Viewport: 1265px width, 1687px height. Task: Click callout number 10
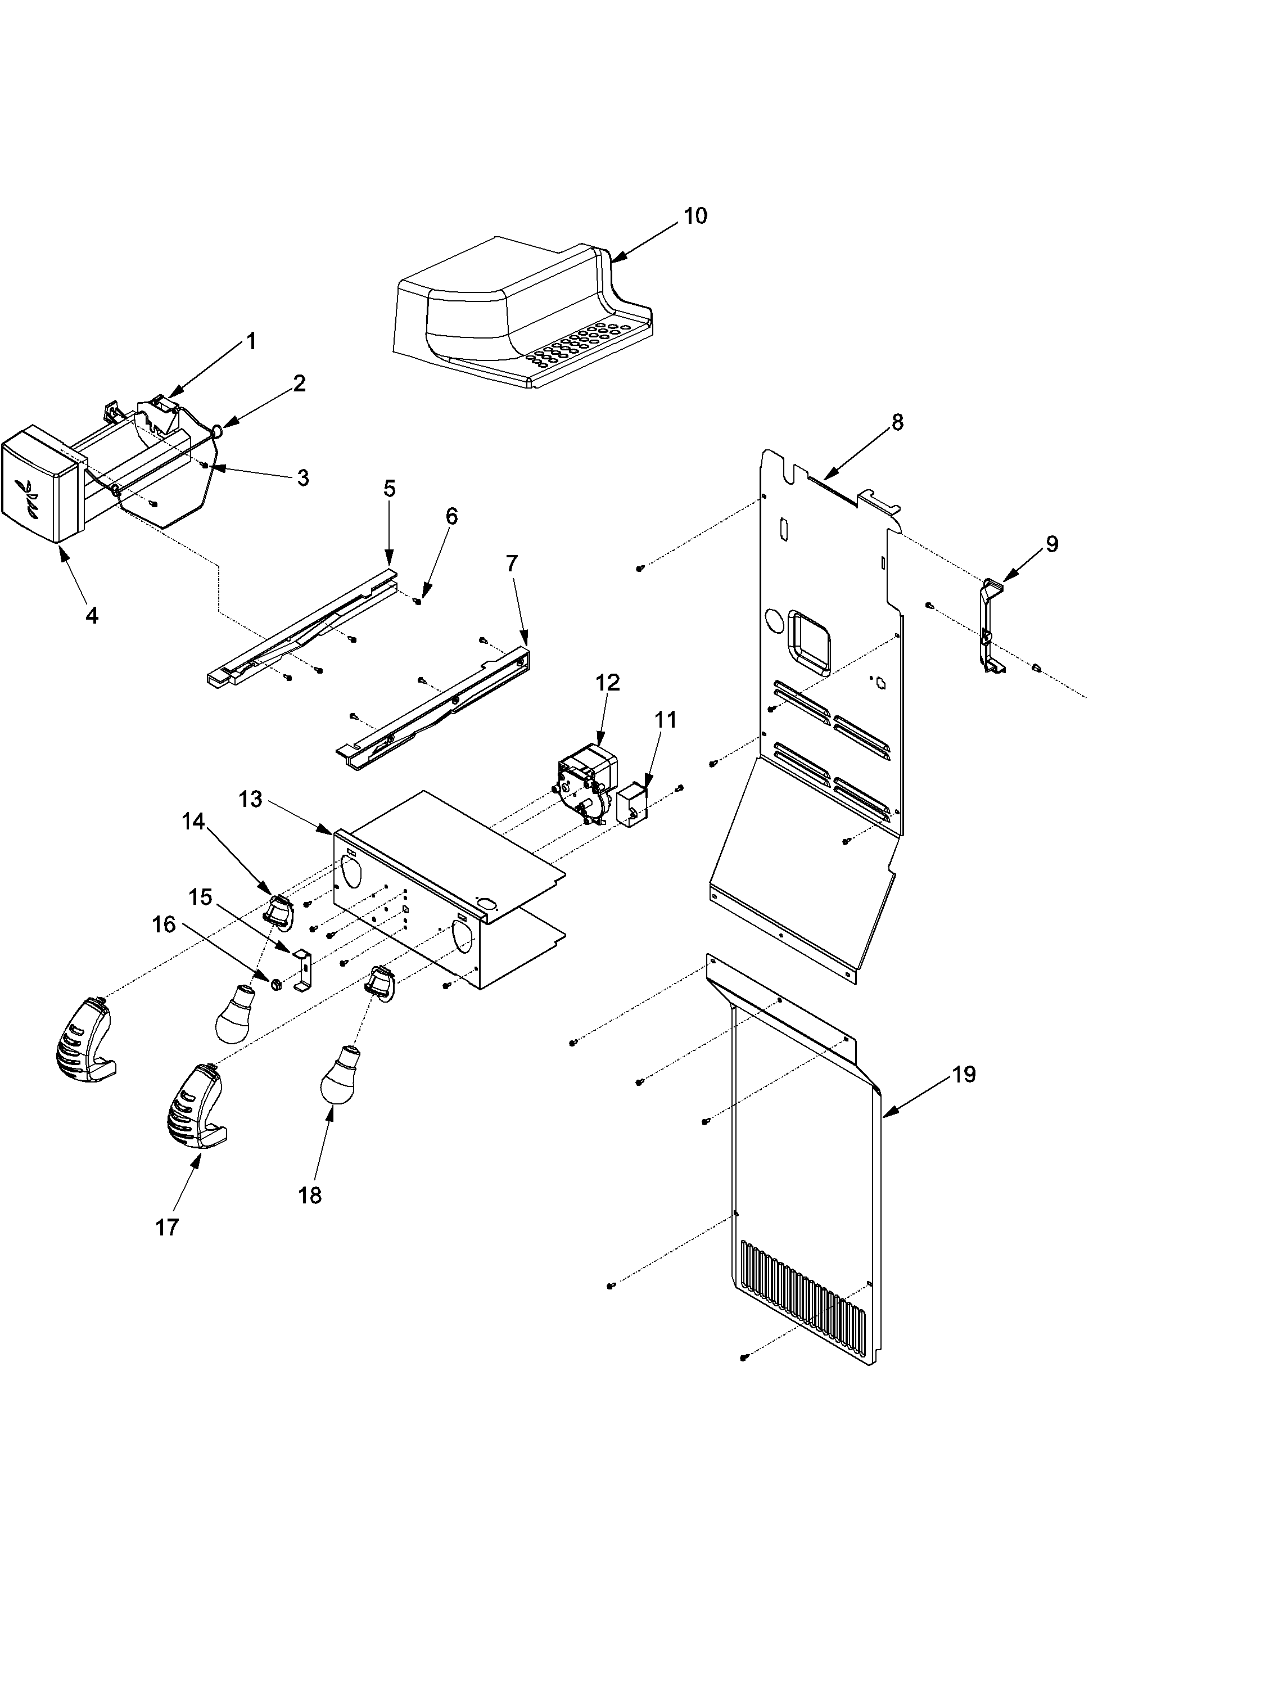(695, 216)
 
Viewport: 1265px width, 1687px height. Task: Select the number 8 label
(897, 422)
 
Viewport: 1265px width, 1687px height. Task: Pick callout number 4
(92, 615)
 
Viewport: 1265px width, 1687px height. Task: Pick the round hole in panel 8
(773, 621)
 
